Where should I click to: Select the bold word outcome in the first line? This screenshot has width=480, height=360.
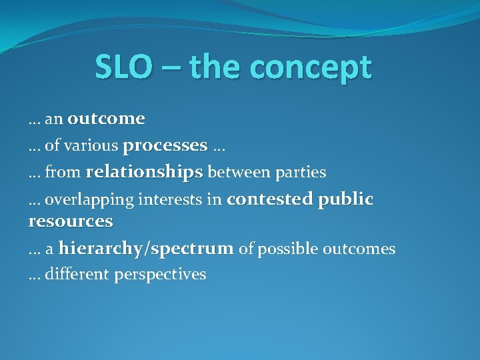[x=106, y=119]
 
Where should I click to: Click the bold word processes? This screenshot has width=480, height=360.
[x=165, y=145]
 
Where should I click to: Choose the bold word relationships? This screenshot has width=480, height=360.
[x=144, y=172]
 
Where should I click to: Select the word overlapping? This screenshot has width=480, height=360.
[x=87, y=199]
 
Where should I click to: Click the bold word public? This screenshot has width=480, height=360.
[x=347, y=200]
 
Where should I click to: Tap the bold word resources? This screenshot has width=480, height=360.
[x=71, y=221]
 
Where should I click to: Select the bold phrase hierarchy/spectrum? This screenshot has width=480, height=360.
[x=146, y=249]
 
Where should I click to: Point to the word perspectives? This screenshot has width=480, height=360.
[x=160, y=275]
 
